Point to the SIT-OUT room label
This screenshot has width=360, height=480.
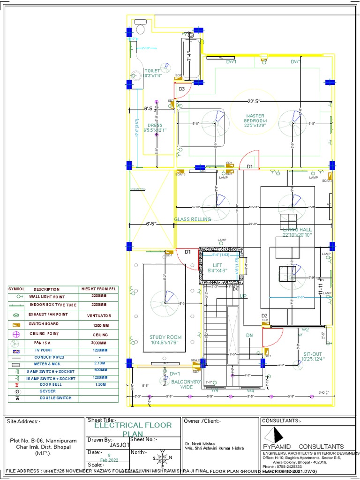coord(313,357)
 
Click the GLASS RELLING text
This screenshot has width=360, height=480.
coord(192,219)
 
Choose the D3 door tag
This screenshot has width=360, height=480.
coord(181,89)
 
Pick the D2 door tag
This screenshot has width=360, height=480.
coord(264,316)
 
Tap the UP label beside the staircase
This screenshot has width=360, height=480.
coord(243,296)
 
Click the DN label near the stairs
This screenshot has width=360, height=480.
coord(249,335)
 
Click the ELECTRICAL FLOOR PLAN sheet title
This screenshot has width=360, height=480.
coord(133,429)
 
